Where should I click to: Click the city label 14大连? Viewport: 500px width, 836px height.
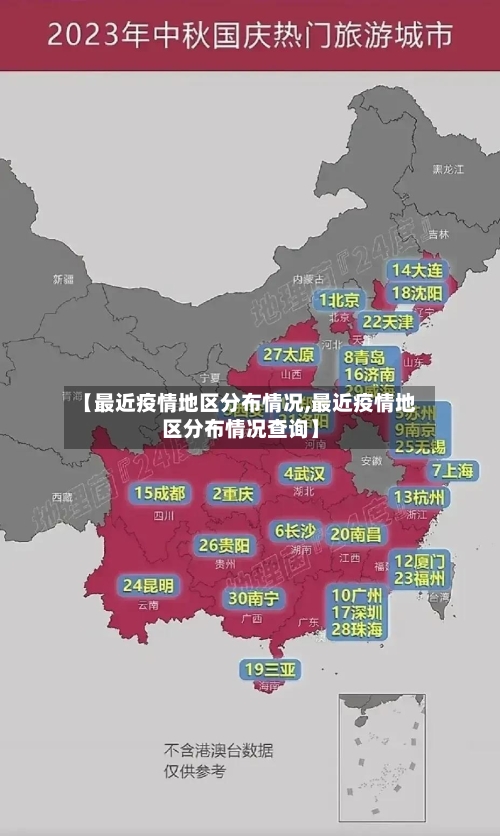pos(417,270)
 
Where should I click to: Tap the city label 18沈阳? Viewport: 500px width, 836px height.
pos(417,293)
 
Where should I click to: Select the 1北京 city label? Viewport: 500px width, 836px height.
pos(339,300)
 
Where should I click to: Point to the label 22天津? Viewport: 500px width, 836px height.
pos(387,322)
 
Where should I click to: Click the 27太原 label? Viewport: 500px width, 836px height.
pos(289,354)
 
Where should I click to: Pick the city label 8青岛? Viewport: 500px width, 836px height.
pos(365,356)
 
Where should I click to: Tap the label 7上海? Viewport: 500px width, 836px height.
pos(453,470)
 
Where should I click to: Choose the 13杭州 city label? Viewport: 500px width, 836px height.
pos(421,497)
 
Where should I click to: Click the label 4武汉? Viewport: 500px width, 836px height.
pos(305,472)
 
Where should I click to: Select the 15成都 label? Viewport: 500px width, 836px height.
pos(160,492)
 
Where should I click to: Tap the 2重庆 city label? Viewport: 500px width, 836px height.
pos(233,493)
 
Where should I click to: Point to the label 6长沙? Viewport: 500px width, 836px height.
pos(295,530)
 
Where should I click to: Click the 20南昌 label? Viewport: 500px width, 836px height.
pos(356,534)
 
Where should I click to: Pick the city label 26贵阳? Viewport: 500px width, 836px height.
pos(225,545)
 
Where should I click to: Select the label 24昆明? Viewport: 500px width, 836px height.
pos(148,584)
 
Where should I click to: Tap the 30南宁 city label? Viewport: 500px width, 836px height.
pos(253,598)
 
